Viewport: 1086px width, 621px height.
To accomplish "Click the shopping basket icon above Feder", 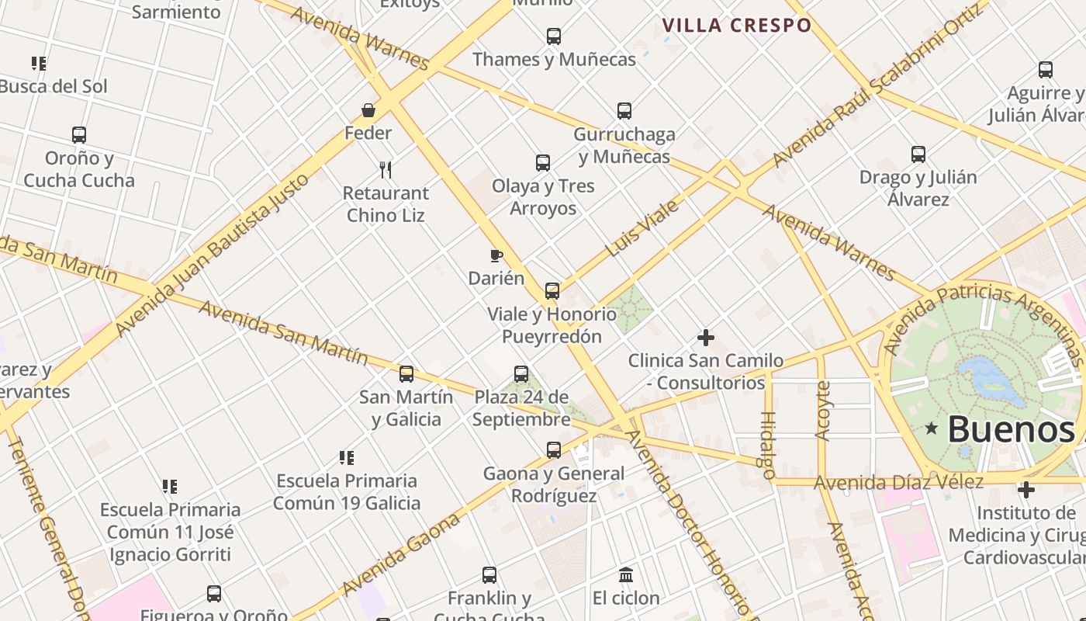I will (x=368, y=111).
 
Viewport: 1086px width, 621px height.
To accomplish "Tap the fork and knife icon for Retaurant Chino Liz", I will (x=386, y=169).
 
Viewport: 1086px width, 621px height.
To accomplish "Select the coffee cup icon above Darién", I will (x=496, y=255).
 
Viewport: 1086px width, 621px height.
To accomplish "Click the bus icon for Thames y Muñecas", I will (x=553, y=36).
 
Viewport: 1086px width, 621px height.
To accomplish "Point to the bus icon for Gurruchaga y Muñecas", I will (x=624, y=110).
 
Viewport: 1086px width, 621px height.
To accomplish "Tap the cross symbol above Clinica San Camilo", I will (x=706, y=338).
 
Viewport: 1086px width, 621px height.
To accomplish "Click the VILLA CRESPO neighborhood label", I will (x=736, y=26).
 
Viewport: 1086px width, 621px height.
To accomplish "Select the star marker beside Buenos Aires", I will (x=932, y=428).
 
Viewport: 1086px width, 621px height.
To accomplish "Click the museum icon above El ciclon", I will (x=626, y=575).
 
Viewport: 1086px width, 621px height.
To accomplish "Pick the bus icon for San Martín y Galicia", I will (x=406, y=374).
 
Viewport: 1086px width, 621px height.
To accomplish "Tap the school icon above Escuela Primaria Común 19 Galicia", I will (x=347, y=458).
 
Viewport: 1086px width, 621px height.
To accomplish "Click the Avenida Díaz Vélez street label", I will (x=898, y=483).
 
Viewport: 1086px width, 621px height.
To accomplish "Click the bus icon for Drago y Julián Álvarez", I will (x=918, y=154).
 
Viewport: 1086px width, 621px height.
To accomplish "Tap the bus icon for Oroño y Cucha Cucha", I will (x=79, y=135).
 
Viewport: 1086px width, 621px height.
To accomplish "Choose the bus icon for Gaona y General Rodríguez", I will (x=554, y=450).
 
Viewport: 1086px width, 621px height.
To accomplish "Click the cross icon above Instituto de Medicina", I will (x=1026, y=491).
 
